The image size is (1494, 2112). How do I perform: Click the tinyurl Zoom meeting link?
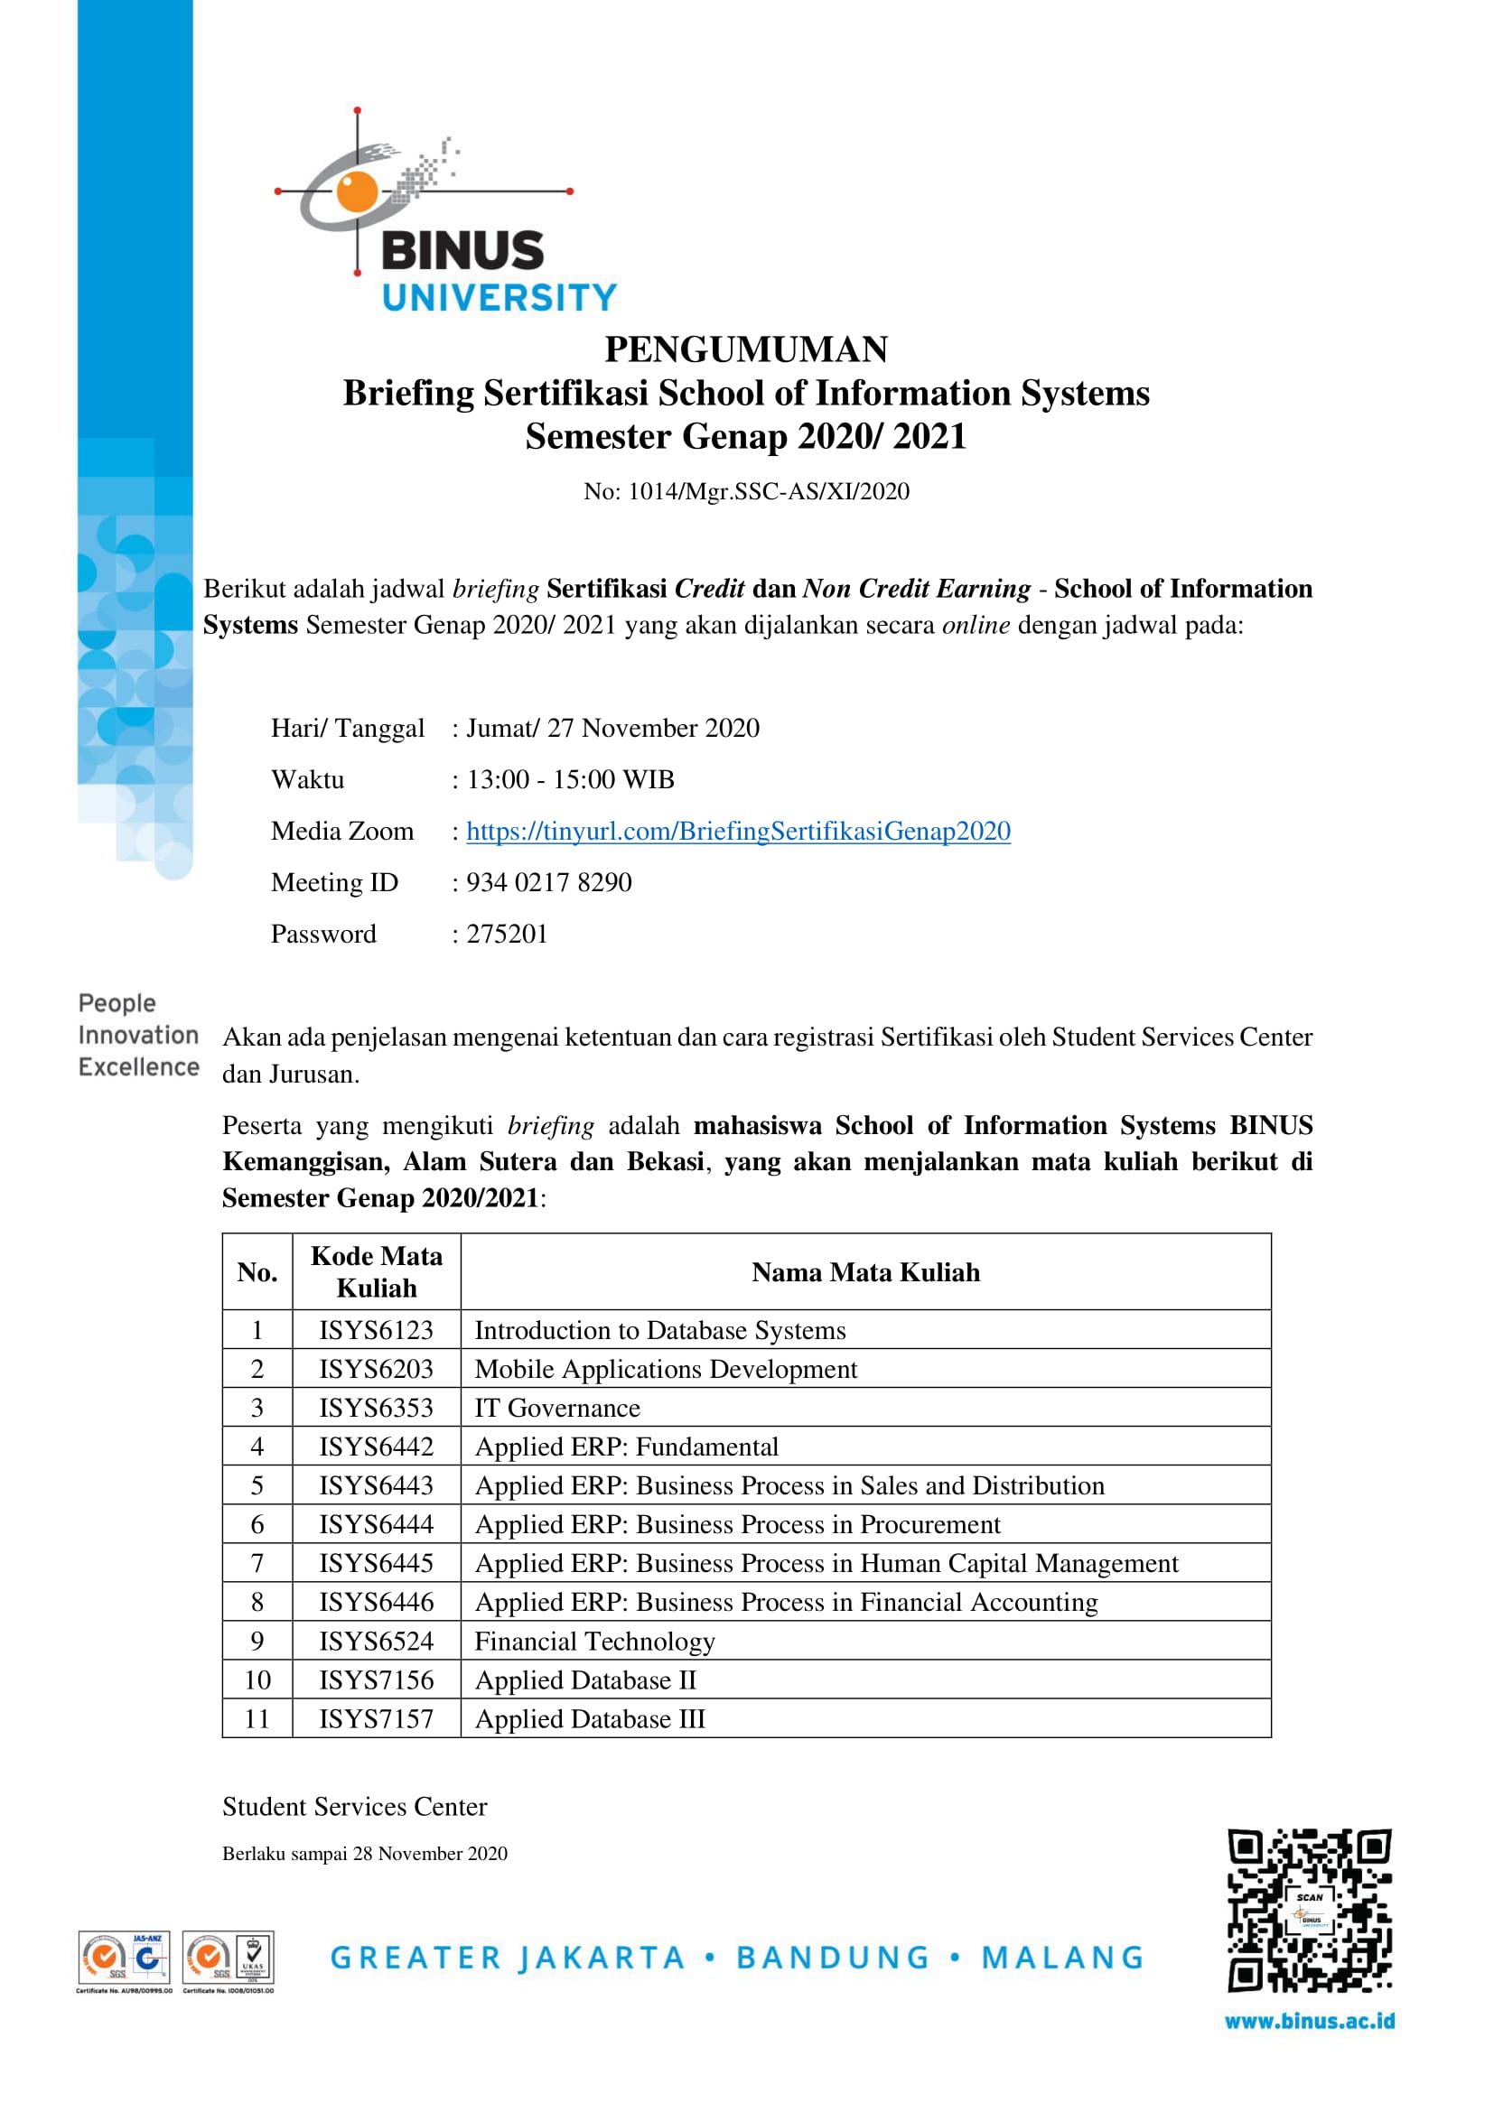(x=738, y=832)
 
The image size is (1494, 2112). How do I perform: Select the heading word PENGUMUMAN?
(x=746, y=349)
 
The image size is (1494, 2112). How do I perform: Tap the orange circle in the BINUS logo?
(x=357, y=191)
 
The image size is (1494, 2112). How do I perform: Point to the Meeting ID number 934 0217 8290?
(x=549, y=883)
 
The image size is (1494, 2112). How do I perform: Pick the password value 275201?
(x=507, y=935)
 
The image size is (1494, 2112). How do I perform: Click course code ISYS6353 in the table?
(x=376, y=1409)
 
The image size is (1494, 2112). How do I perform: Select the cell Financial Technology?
(x=594, y=1642)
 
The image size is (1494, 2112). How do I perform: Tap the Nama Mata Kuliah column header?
(x=865, y=1273)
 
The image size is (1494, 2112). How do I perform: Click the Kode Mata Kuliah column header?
(x=377, y=1273)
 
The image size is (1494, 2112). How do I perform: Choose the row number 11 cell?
(x=257, y=1719)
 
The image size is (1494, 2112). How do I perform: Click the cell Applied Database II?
(x=585, y=1680)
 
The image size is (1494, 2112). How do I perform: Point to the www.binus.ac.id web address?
(x=1309, y=2022)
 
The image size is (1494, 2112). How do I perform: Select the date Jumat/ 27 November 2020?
(x=612, y=729)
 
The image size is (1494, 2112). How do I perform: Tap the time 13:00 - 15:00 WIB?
(x=570, y=780)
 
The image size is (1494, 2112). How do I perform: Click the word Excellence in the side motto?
(x=139, y=1067)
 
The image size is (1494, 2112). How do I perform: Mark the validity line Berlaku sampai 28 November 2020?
(x=364, y=1854)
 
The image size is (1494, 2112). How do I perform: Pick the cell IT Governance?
(x=556, y=1409)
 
